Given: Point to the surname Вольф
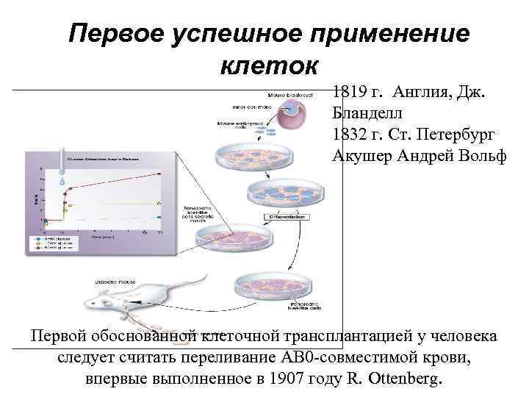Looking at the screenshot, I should [x=481, y=156].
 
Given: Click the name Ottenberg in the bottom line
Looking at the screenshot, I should [x=403, y=379].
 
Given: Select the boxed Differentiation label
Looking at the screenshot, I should [x=287, y=218].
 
